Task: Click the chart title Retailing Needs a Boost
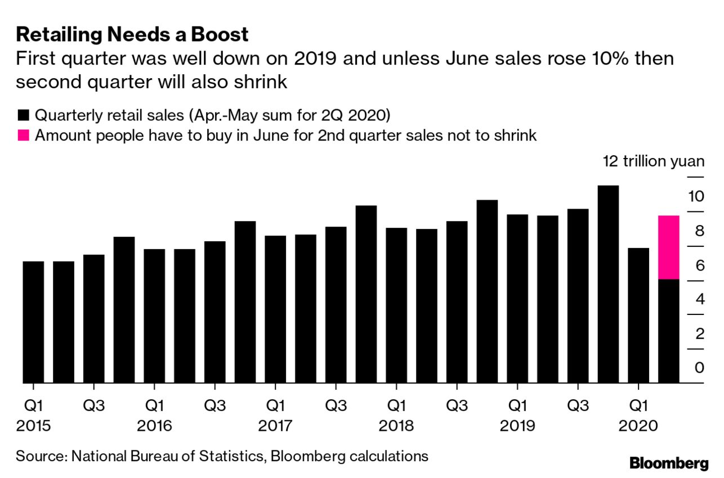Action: [132, 35]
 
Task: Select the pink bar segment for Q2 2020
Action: [668, 247]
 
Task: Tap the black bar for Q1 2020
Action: [638, 315]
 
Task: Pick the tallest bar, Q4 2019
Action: [608, 284]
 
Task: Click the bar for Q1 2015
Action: [33, 322]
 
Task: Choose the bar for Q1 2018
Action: [396, 305]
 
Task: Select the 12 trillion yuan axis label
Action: [653, 162]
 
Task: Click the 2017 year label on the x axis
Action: [275, 426]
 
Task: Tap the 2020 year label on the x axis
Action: [638, 426]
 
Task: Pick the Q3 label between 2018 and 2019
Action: [457, 405]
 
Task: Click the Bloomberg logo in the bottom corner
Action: [669, 463]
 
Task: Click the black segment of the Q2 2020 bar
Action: [668, 331]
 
